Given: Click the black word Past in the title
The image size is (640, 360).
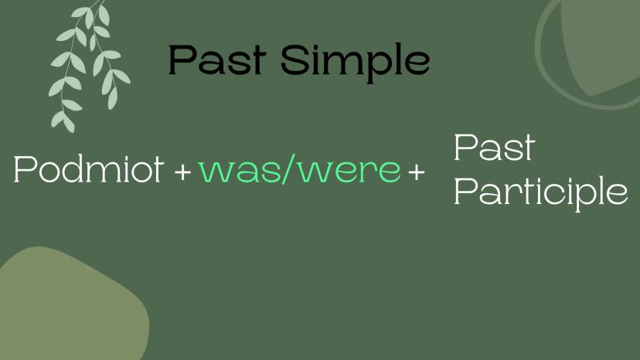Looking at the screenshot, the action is [217, 59].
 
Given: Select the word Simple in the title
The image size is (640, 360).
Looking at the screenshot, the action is [355, 63].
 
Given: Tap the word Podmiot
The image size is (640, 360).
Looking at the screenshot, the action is [89, 169].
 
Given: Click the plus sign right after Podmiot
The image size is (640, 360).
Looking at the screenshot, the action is [182, 172].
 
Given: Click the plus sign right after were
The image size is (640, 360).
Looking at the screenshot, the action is [417, 172].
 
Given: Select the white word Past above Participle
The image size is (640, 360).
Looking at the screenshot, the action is [494, 148].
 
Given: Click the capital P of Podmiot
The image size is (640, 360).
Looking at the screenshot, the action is [25, 169].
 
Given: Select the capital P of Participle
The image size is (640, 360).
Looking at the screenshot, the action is [465, 190].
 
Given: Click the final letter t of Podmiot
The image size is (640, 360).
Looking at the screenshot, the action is [158, 172].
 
